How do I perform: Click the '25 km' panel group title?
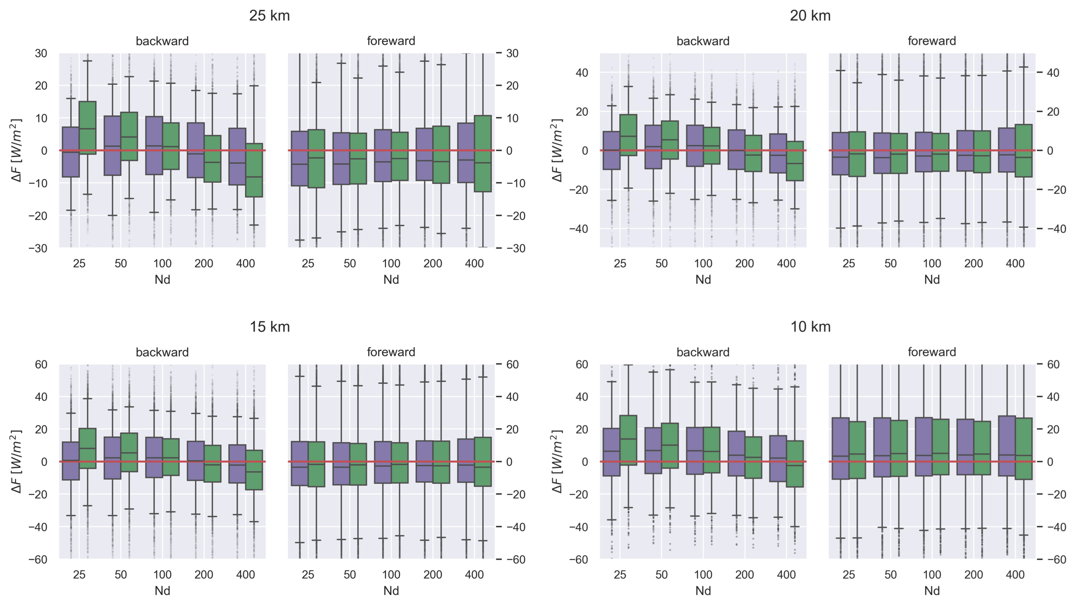point(269,16)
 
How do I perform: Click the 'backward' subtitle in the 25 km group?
point(162,41)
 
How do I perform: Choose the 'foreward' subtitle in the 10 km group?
point(932,352)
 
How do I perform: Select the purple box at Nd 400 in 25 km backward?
point(237,157)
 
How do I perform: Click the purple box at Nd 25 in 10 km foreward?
point(840,448)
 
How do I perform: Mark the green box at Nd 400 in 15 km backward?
point(254,470)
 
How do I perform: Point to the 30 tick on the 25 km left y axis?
point(41,53)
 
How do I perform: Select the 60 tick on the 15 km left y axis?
point(41,364)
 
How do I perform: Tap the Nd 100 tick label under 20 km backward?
point(703,263)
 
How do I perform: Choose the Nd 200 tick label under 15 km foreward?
point(432,575)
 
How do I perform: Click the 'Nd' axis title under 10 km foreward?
point(932,590)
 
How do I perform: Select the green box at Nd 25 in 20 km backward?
point(628,135)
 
